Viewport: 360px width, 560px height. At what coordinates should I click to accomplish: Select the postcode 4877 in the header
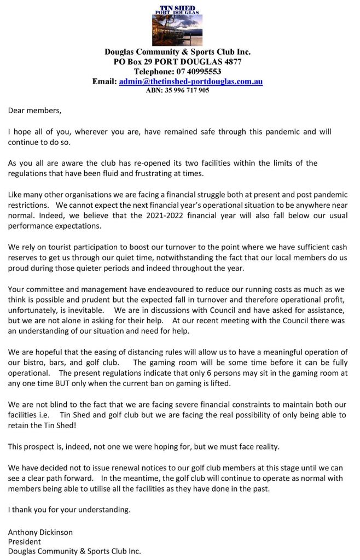[x=231, y=62]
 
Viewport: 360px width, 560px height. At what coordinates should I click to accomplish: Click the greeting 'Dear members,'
[x=34, y=111]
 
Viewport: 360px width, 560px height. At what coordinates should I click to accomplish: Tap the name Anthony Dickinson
[x=40, y=532]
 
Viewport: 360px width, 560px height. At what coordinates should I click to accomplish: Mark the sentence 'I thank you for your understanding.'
[x=69, y=510]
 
